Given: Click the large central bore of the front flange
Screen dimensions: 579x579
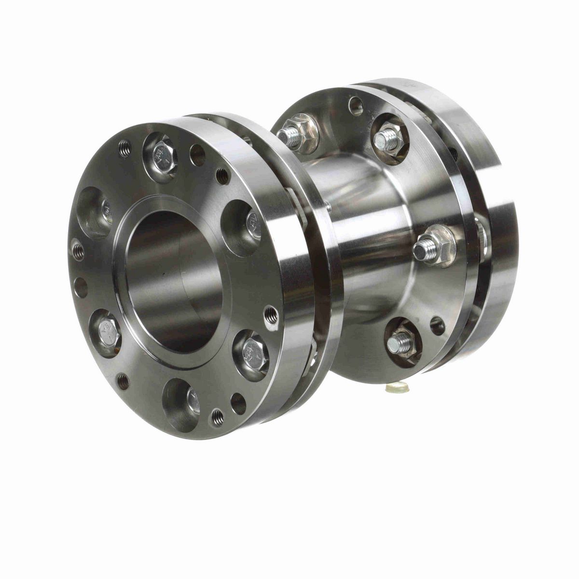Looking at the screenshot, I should point(174,285).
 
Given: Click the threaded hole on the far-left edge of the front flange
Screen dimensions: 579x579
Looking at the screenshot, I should point(78,250).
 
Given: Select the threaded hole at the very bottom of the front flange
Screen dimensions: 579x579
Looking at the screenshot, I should point(218,415).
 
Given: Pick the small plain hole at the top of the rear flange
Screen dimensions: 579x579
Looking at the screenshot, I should point(356,105).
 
